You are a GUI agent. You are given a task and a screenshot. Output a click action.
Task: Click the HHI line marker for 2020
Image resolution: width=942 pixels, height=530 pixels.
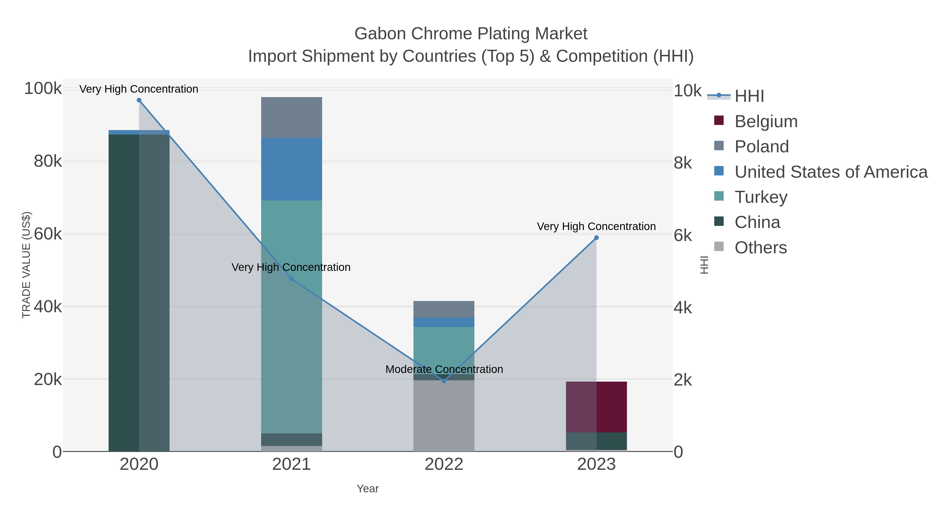tap(139, 100)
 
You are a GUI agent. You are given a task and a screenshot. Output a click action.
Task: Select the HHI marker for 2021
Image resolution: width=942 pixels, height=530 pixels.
tap(291, 279)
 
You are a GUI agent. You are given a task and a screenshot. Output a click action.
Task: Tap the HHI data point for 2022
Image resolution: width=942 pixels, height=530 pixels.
tap(444, 381)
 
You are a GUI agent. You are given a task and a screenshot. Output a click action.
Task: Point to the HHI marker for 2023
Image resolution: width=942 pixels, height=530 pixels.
tap(596, 238)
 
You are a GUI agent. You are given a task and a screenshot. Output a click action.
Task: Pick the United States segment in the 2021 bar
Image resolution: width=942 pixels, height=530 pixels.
tap(291, 169)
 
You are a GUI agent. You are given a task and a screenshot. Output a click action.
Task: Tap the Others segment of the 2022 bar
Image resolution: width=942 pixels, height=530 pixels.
tap(444, 416)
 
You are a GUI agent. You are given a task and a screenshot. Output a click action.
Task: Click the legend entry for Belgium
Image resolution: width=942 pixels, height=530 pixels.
tap(766, 121)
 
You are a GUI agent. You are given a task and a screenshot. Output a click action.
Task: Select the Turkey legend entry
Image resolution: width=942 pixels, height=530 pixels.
tap(761, 197)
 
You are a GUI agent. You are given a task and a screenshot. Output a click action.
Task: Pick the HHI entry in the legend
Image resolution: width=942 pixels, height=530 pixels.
tap(749, 96)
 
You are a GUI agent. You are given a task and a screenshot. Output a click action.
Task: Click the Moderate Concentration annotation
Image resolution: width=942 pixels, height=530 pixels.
tap(444, 369)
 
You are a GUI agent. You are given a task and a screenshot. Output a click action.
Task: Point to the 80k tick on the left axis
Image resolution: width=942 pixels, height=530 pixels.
tap(48, 161)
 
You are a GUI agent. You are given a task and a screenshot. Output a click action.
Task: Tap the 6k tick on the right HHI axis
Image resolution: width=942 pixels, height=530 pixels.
tap(683, 236)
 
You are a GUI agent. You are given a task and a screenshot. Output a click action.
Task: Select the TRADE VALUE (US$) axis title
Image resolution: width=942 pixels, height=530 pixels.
tap(26, 265)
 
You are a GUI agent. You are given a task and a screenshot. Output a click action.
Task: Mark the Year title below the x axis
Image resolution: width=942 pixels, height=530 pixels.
tap(368, 489)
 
